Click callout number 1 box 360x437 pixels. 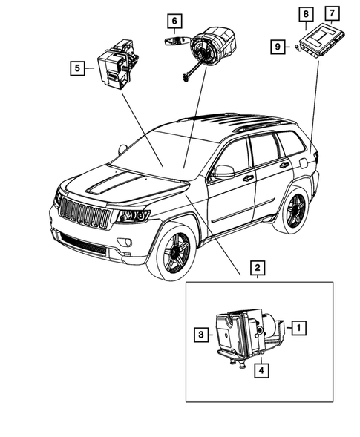click(x=297, y=326)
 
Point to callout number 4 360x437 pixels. click(x=262, y=367)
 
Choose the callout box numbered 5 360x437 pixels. click(x=77, y=69)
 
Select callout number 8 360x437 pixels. click(x=304, y=13)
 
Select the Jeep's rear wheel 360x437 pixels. click(x=291, y=211)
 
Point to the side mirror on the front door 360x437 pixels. click(x=222, y=172)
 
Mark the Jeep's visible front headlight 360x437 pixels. click(x=132, y=216)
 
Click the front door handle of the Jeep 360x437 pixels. click(x=247, y=178)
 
